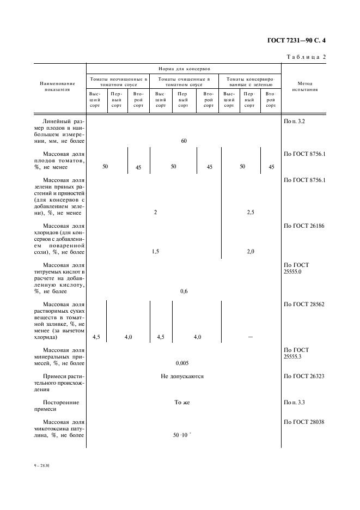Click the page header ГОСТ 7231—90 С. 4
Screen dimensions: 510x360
tap(300, 40)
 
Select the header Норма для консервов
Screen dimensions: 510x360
tap(184, 69)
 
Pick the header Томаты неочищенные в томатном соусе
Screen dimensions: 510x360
tap(118, 82)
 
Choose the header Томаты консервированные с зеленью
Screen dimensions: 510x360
tap(250, 82)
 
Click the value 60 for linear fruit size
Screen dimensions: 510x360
tap(184, 141)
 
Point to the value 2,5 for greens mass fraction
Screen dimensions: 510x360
tap(250, 212)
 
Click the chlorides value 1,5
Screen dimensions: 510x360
tap(155, 252)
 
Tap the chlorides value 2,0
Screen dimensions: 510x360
tap(250, 252)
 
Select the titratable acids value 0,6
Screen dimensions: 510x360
tap(184, 292)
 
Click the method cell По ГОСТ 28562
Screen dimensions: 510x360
tap(304, 305)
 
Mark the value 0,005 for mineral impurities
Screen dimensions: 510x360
tap(182, 362)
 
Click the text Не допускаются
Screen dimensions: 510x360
tap(182, 377)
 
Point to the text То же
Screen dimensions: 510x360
tap(182, 403)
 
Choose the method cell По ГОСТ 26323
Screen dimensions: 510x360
tap(304, 377)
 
